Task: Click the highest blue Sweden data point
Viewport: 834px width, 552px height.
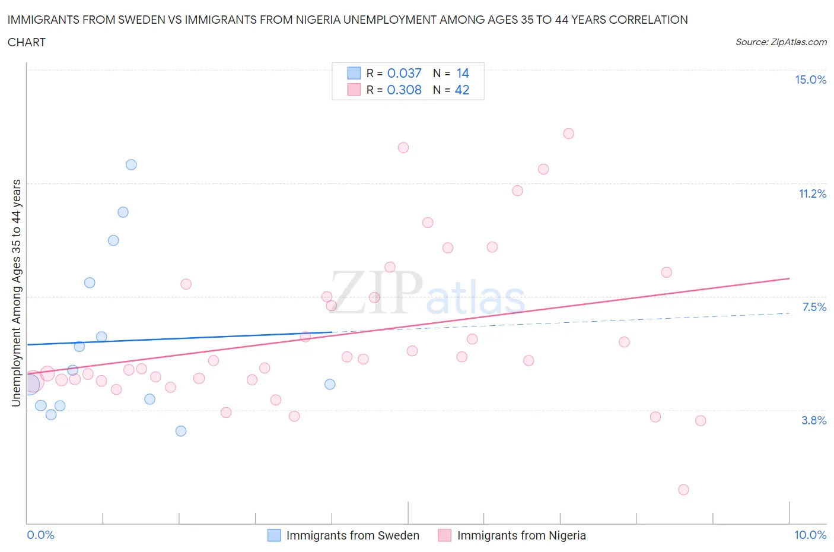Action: point(131,164)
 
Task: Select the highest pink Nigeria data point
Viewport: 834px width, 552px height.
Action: point(568,134)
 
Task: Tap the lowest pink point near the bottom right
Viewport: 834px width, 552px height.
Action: point(683,490)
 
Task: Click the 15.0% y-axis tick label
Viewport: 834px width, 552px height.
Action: point(810,80)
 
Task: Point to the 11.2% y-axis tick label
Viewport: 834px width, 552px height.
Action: point(812,194)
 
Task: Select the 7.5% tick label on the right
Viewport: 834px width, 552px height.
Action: point(814,307)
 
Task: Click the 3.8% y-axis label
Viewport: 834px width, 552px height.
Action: point(814,420)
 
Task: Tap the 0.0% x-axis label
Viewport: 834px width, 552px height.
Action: point(40,535)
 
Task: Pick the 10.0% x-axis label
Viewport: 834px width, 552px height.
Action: point(810,535)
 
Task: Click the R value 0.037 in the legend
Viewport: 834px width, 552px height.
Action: point(404,73)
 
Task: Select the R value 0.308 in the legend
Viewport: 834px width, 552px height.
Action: point(404,90)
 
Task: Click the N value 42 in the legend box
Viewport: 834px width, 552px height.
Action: point(462,90)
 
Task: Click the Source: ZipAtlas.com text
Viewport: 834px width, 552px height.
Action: point(781,42)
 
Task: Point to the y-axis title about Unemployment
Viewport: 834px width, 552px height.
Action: point(17,293)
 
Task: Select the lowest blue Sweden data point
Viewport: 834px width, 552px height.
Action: point(181,431)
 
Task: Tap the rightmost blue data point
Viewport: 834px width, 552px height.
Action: point(330,384)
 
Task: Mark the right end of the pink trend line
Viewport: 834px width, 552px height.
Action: point(789,278)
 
